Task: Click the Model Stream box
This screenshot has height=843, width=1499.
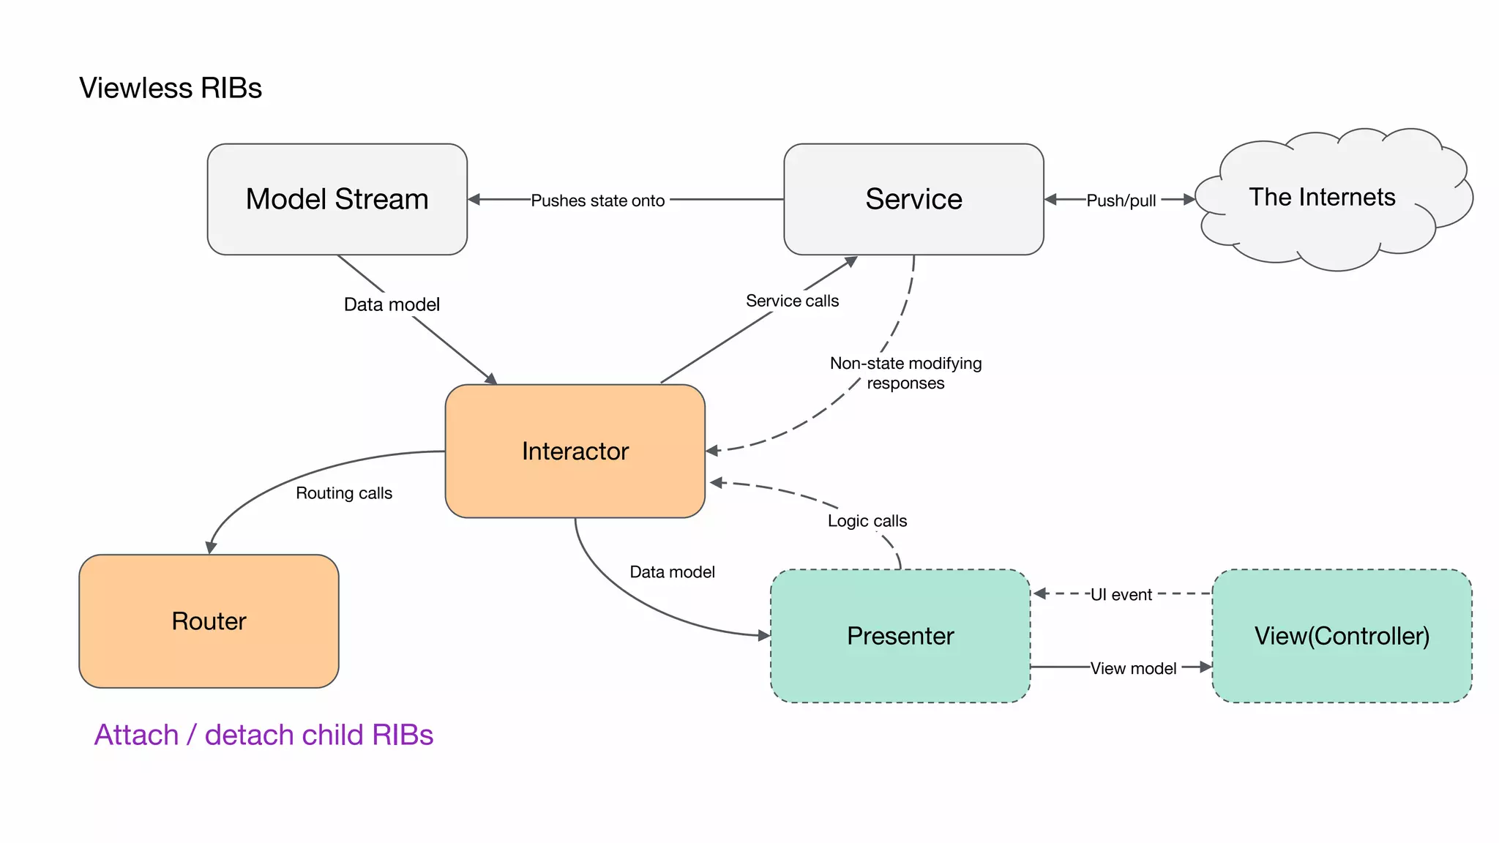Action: point(337,199)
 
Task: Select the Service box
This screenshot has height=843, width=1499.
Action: point(913,199)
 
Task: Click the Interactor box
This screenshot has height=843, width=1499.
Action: point(575,451)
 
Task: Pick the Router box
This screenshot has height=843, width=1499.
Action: point(209,621)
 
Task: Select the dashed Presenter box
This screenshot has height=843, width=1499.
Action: point(900,635)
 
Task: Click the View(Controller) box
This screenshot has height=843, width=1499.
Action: point(1342,635)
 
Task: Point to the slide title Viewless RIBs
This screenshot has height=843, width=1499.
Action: point(171,88)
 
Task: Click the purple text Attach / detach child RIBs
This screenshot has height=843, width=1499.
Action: point(263,735)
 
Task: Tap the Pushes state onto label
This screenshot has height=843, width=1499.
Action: point(597,201)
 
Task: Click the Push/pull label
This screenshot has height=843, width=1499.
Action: point(1121,201)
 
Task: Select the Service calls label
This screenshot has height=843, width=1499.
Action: point(792,301)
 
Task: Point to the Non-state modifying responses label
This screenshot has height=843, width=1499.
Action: point(905,373)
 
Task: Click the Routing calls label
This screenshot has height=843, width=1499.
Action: point(344,493)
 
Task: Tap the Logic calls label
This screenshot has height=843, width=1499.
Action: point(867,521)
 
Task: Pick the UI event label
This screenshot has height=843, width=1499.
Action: point(1121,595)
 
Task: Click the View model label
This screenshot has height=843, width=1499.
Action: point(1133,668)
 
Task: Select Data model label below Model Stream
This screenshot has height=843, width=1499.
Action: point(392,304)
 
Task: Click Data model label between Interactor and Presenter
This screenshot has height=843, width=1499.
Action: point(672,572)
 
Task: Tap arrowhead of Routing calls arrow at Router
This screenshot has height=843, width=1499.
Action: point(211,548)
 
